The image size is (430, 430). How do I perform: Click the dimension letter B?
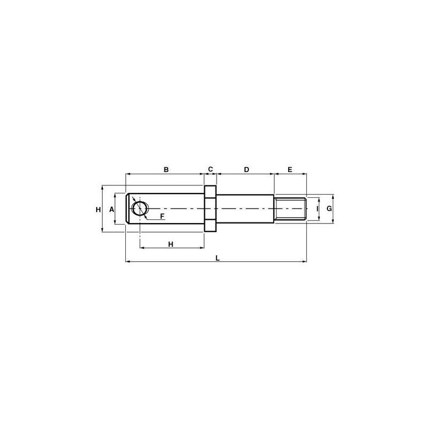click(x=166, y=169)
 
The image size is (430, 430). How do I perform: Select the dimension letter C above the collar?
click(x=210, y=169)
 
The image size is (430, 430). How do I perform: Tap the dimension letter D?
click(x=247, y=169)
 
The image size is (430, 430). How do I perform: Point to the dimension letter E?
click(x=290, y=169)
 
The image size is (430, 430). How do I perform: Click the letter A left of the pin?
click(x=112, y=210)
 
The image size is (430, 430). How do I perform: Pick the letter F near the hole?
click(x=162, y=217)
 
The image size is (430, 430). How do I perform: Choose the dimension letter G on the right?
click(x=329, y=209)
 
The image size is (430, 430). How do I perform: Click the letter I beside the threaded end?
click(x=317, y=209)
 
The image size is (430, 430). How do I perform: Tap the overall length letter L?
click(x=218, y=258)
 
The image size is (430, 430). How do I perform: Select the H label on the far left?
click(x=98, y=210)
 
